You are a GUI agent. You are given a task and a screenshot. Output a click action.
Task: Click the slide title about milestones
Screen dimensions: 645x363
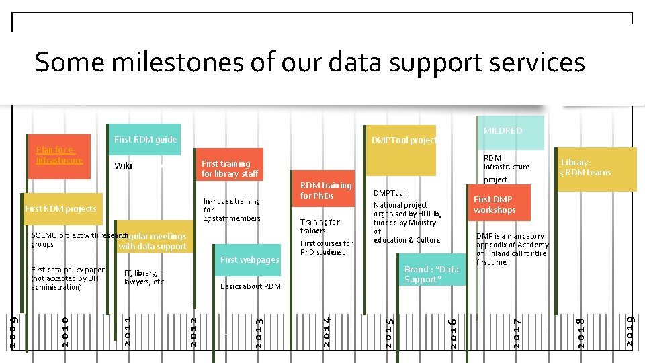point(310,63)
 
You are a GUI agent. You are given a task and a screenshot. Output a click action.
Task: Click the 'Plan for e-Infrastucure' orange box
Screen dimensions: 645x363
point(60,155)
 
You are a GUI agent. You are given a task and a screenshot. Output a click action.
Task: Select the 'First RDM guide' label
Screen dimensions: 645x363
point(145,140)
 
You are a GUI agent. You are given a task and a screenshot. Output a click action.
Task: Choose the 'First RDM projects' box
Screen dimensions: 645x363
point(60,209)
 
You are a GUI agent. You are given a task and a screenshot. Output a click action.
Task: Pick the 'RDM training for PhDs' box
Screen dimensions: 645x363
point(325,190)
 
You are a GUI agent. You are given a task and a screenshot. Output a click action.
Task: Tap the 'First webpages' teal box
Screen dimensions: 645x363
point(249,260)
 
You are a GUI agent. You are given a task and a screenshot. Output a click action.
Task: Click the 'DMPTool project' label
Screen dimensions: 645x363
point(404,140)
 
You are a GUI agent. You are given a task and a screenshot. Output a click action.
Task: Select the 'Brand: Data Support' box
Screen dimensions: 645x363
point(431,274)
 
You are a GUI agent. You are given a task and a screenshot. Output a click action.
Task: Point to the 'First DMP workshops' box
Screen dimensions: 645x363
point(494,205)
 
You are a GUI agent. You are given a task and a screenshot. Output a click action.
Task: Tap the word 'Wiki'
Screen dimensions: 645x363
point(123,166)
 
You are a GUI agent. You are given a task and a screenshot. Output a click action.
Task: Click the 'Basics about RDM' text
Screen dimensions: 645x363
point(251,287)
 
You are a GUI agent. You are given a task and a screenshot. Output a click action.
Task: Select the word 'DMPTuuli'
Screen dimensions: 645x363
point(390,193)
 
